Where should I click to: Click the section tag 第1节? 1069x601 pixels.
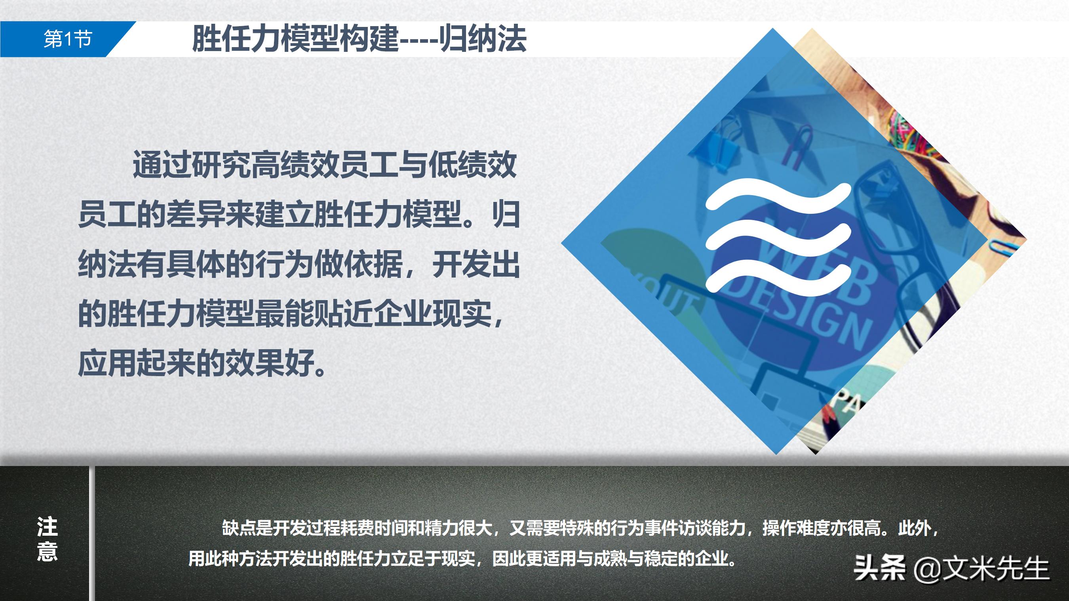tap(67, 40)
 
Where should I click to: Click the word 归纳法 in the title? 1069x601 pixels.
tap(483, 40)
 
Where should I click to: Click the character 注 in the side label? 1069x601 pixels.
tap(47, 527)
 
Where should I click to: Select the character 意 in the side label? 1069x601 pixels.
tap(47, 552)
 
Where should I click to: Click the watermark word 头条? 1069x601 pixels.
tap(879, 569)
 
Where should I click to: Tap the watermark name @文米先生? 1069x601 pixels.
tap(981, 569)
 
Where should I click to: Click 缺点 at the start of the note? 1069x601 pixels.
tap(239, 529)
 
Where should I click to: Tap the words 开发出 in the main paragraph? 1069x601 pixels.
tap(476, 265)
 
